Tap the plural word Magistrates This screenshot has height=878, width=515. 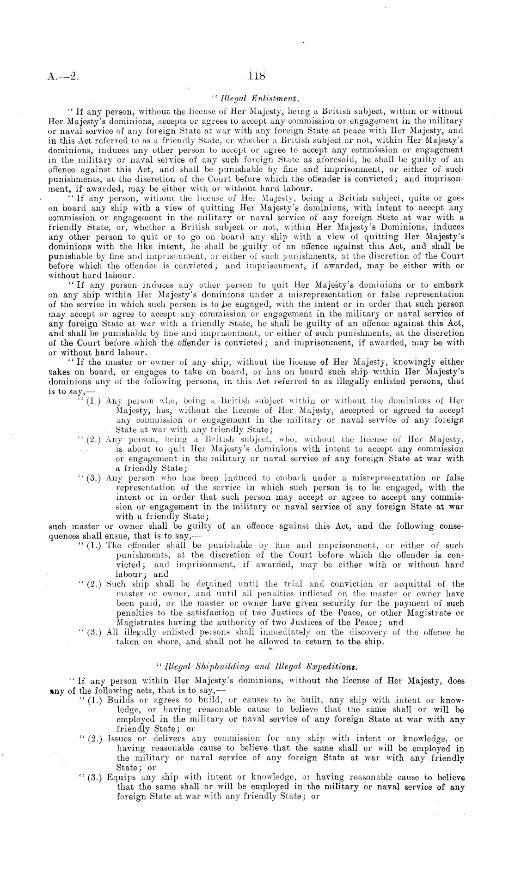[139, 623]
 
